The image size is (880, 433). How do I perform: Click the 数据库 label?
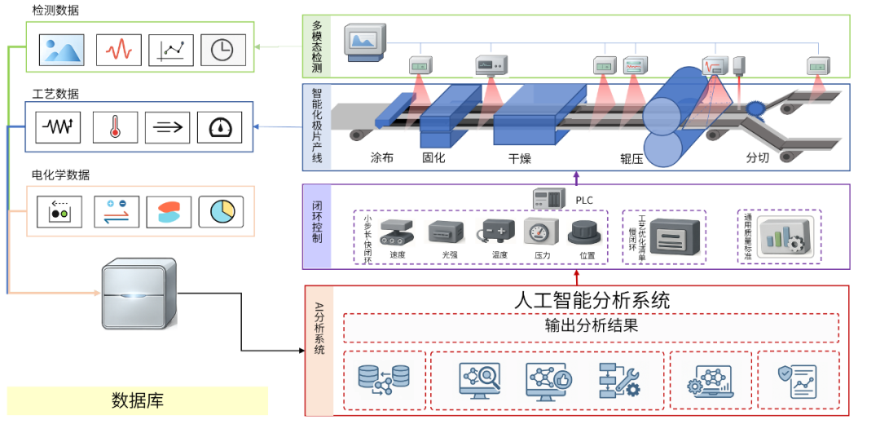point(137,400)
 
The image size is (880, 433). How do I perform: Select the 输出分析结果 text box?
point(591,327)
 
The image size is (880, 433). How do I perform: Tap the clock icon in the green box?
point(222,51)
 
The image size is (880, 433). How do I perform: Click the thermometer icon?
point(115,127)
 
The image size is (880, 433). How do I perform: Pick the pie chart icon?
point(221,212)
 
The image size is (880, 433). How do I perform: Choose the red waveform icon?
point(119,51)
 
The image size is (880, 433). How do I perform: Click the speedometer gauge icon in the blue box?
point(220,127)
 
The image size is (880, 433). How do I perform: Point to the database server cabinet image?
point(139,293)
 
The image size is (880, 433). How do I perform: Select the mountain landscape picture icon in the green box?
point(62,51)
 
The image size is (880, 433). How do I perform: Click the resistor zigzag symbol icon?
point(58,127)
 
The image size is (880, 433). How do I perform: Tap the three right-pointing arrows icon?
point(167,127)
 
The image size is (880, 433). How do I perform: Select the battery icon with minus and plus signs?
point(495,231)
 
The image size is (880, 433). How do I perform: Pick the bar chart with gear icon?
point(785,236)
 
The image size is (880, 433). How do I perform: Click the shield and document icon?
point(797,381)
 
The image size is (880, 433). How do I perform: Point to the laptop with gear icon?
point(710,381)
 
